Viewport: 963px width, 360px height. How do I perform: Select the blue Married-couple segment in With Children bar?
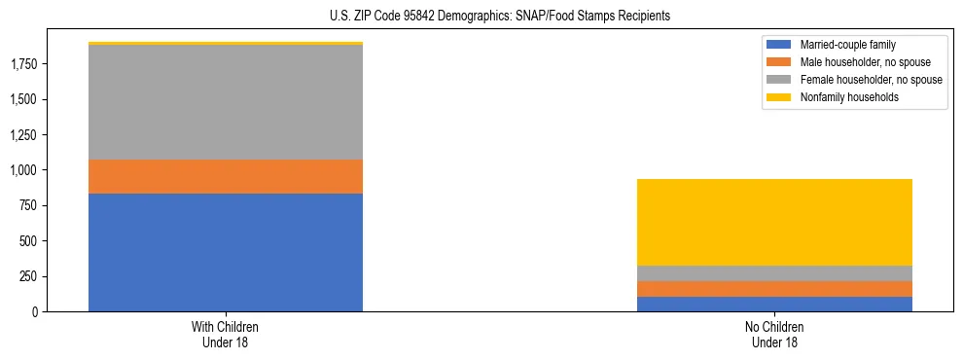coord(226,252)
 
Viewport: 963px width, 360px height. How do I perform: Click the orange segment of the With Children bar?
coord(226,176)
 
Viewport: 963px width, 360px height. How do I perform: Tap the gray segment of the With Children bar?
coord(226,102)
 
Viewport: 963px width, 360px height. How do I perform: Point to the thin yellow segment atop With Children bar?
coord(226,43)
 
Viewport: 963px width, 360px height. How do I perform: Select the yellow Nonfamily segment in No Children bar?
coord(774,222)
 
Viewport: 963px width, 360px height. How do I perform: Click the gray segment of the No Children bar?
coord(774,273)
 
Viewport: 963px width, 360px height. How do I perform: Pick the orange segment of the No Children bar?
coord(774,289)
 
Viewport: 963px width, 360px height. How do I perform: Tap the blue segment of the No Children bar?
coord(774,304)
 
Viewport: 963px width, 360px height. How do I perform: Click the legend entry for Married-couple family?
coord(847,45)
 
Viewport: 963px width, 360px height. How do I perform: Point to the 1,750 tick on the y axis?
coord(23,64)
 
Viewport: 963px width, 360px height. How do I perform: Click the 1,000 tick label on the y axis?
coord(23,170)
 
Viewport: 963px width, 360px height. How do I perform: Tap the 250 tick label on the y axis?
coord(29,276)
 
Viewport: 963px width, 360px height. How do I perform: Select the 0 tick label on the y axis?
coord(36,312)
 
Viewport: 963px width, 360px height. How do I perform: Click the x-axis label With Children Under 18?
coord(226,335)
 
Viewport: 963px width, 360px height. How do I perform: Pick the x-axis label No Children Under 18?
coord(774,335)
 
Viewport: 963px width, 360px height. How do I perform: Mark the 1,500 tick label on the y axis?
coord(23,99)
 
